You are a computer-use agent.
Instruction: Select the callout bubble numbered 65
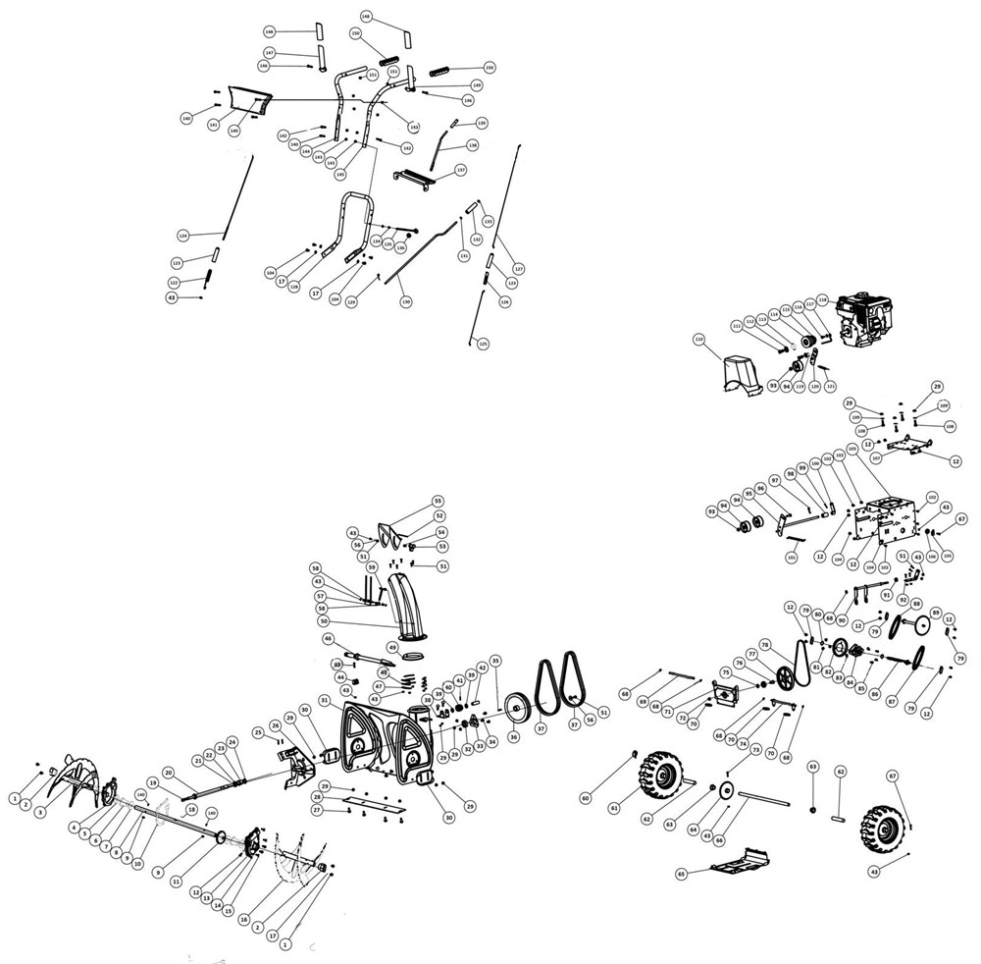(681, 873)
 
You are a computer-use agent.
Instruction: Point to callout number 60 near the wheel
(586, 798)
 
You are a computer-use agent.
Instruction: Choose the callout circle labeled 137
(460, 170)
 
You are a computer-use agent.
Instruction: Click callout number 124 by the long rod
(182, 236)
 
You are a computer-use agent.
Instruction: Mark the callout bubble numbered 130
(405, 301)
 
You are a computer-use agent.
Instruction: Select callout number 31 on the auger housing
(324, 699)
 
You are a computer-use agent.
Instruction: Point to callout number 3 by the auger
(40, 814)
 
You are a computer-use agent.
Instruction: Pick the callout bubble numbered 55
(439, 501)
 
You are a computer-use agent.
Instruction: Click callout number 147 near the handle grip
(269, 53)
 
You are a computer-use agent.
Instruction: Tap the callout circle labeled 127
(519, 268)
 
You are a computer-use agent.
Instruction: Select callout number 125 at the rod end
(482, 343)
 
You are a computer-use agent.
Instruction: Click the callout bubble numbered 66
(719, 839)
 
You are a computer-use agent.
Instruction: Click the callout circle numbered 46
(329, 638)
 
